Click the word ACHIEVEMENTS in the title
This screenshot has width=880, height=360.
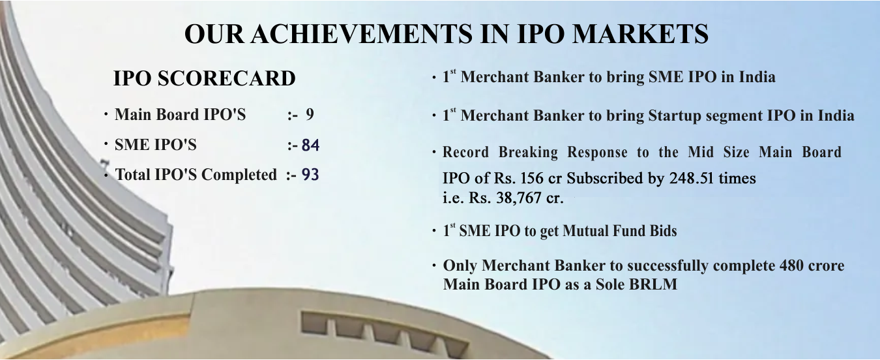[361, 34]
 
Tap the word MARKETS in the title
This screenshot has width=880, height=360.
[640, 34]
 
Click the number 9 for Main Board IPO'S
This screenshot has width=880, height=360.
[310, 114]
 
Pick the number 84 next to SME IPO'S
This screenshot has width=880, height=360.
[310, 145]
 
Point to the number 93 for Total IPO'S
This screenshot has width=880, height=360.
[310, 175]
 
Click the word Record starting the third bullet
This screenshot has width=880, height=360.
[465, 152]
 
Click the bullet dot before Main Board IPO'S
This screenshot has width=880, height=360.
[106, 114]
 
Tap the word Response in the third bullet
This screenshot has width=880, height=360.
[597, 153]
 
